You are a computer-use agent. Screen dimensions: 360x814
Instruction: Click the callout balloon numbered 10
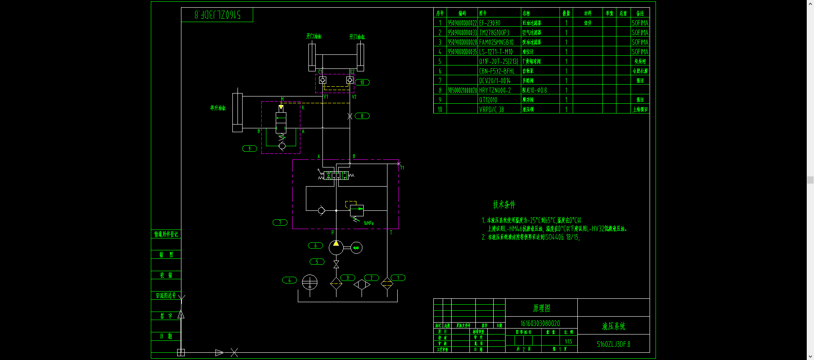(362, 82)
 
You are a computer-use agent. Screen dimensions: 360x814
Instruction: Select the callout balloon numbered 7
(280, 222)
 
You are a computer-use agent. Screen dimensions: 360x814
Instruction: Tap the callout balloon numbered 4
(289, 280)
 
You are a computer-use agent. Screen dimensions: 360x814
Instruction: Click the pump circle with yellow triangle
(336, 247)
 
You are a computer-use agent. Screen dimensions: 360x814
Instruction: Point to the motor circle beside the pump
(356, 248)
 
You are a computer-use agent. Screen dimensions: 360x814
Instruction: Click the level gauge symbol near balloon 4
(310, 282)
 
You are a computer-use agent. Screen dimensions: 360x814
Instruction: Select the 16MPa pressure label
(368, 223)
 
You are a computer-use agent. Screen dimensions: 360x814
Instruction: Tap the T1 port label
(402, 168)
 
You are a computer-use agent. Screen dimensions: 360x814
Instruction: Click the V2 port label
(354, 97)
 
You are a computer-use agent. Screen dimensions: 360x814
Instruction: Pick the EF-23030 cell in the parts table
(490, 23)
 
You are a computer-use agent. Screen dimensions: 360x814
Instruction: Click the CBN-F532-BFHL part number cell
(497, 71)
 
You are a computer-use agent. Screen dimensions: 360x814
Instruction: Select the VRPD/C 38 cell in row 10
(492, 109)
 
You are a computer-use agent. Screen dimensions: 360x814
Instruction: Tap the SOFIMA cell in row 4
(640, 52)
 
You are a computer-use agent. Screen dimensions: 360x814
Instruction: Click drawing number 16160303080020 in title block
(540, 323)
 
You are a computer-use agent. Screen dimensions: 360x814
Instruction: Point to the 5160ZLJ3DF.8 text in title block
(613, 344)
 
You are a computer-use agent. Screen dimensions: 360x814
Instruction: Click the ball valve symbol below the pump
(336, 264)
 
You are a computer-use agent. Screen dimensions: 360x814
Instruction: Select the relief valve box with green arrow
(357, 210)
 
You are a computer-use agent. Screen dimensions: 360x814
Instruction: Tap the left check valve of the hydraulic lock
(323, 80)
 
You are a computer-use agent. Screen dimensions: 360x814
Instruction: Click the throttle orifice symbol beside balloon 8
(350, 116)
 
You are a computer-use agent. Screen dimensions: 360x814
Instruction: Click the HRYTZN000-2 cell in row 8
(495, 90)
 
